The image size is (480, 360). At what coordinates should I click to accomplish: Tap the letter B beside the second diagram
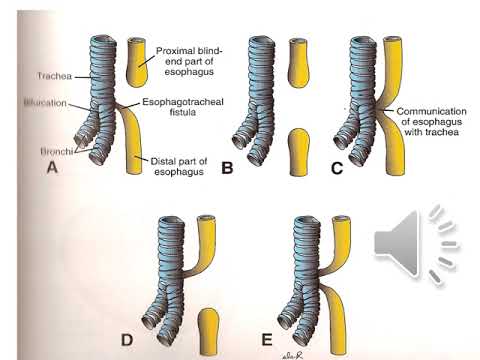[x=227, y=168]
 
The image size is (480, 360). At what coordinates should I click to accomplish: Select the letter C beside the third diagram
[x=335, y=168]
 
